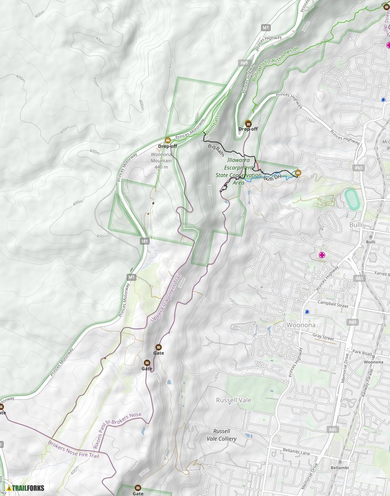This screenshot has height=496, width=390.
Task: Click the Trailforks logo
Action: coord(25,488)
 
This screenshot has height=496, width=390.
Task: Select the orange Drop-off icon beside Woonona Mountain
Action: coord(167,140)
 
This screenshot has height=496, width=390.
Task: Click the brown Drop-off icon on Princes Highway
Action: coord(249,123)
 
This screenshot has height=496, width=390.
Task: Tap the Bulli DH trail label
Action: coord(272,178)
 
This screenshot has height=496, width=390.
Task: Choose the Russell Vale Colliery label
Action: coord(225,435)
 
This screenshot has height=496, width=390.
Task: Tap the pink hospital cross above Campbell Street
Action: coord(322,255)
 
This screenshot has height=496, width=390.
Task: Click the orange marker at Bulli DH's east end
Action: coord(298,173)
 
